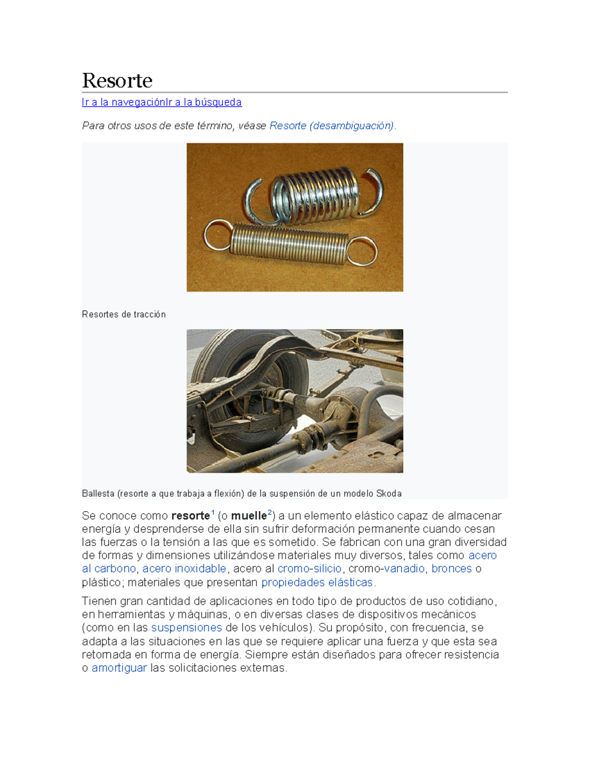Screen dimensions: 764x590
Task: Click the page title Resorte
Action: pyautogui.click(x=117, y=80)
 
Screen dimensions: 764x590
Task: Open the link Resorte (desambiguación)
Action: pyautogui.click(x=332, y=126)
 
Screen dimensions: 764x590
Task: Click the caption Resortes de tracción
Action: pyautogui.click(x=123, y=314)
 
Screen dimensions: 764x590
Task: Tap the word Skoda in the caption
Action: pyautogui.click(x=388, y=493)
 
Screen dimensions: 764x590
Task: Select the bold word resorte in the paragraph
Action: pyautogui.click(x=190, y=516)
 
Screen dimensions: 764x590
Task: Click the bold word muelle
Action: pyautogui.click(x=249, y=516)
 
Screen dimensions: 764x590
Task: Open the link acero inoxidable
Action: pyautogui.click(x=184, y=569)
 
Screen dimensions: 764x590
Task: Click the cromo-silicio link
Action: pyautogui.click(x=309, y=569)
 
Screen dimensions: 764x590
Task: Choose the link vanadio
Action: pyautogui.click(x=404, y=569)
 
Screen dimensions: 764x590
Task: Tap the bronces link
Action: pyautogui.click(x=451, y=569)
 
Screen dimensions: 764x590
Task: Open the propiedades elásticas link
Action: pyautogui.click(x=317, y=582)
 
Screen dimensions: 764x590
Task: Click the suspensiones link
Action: pyautogui.click(x=186, y=628)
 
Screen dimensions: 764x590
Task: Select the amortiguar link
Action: pyautogui.click(x=119, y=668)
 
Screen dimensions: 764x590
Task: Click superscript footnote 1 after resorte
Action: pyautogui.click(x=213, y=513)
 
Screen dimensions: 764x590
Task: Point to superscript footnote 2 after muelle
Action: pyautogui.click(x=270, y=513)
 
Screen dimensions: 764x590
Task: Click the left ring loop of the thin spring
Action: pyautogui.click(x=217, y=235)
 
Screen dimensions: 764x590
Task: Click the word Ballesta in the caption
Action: pyautogui.click(x=98, y=493)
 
